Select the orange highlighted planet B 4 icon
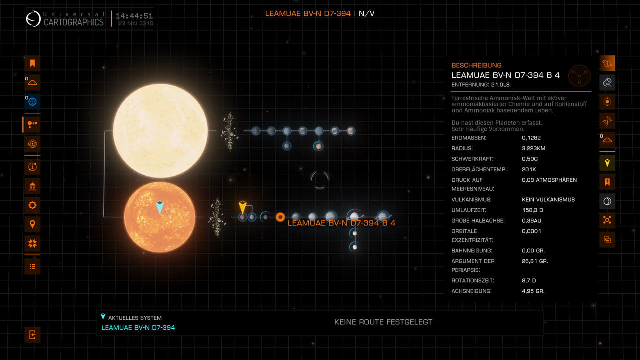click(x=280, y=217)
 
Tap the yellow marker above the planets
click(x=243, y=206)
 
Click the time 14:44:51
click(x=134, y=16)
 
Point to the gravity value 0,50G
click(x=530, y=159)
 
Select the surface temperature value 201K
click(x=529, y=169)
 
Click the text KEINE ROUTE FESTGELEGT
click(x=383, y=322)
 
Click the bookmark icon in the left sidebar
click(x=32, y=63)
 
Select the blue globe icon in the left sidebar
click(x=32, y=102)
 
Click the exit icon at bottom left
click(x=32, y=335)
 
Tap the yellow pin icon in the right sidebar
click(x=607, y=163)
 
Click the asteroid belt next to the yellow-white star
click(x=229, y=131)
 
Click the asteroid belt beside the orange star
click(x=217, y=217)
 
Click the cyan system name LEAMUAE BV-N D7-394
click(x=138, y=328)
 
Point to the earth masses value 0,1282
click(x=531, y=138)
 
